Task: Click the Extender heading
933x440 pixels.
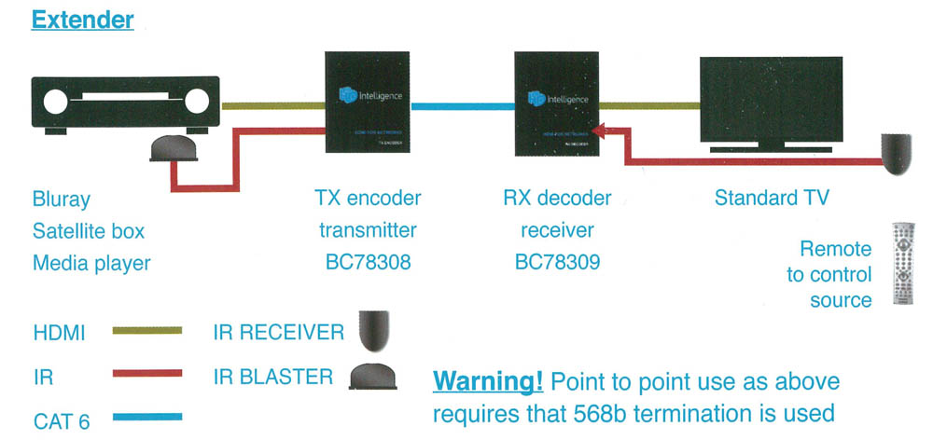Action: (x=83, y=20)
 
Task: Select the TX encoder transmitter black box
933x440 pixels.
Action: (x=368, y=103)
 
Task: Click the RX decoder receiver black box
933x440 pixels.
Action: (x=557, y=103)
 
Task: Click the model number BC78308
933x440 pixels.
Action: (x=368, y=263)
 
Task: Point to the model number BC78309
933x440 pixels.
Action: (x=557, y=263)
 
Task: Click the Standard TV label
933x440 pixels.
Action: (x=772, y=199)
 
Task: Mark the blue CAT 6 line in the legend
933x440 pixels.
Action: (x=146, y=418)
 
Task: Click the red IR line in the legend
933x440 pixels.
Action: (x=146, y=374)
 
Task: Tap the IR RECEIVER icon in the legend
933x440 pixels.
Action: (x=370, y=328)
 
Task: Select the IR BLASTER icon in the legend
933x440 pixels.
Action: (x=371, y=376)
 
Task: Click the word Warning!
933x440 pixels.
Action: (x=487, y=382)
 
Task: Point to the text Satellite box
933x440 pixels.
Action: (x=89, y=231)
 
